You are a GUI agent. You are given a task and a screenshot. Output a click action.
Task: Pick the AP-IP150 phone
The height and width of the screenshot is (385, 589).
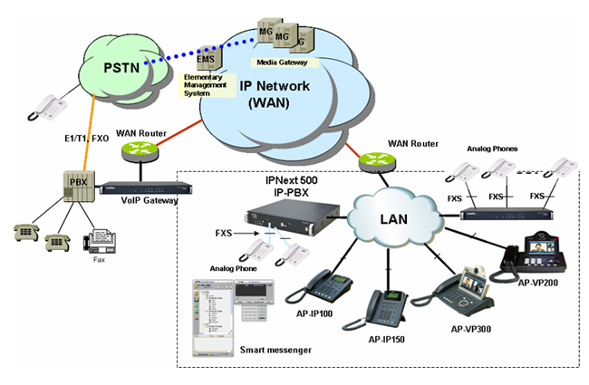coord(387,311)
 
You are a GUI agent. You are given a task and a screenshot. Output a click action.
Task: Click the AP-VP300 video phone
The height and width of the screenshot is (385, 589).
coord(465,289)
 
